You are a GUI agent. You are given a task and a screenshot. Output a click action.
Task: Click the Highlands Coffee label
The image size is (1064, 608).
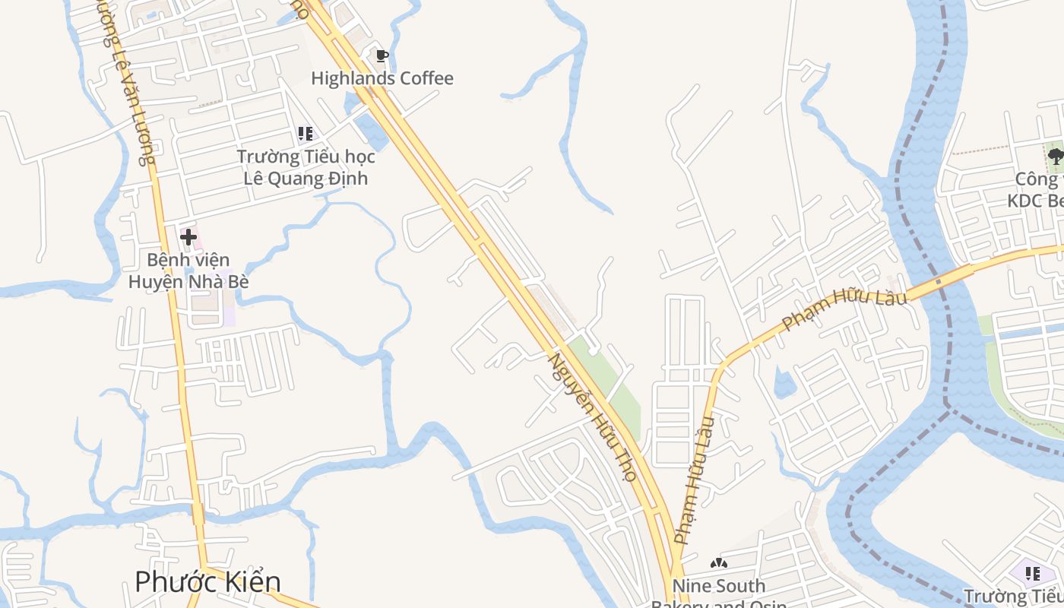tap(382, 78)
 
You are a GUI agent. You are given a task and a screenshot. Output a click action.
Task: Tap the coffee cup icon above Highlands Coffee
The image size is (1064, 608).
tap(382, 55)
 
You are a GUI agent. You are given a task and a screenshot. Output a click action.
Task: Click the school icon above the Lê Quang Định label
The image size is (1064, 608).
tap(306, 135)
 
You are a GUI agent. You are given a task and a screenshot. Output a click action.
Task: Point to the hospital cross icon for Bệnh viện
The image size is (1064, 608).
tap(188, 237)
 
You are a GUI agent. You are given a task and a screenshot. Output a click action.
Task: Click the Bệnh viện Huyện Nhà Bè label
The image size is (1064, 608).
tap(188, 271)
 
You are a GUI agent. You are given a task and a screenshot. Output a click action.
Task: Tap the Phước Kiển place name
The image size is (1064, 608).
tap(207, 581)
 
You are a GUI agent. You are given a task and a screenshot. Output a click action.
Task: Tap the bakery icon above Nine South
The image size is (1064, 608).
tap(718, 563)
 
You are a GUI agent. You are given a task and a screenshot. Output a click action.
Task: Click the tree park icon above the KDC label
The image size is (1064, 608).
tap(1055, 157)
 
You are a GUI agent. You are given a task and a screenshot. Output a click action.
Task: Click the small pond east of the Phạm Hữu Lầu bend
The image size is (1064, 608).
tap(784, 382)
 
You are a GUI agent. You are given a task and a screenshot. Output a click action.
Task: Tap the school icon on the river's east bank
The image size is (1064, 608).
tap(1032, 572)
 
